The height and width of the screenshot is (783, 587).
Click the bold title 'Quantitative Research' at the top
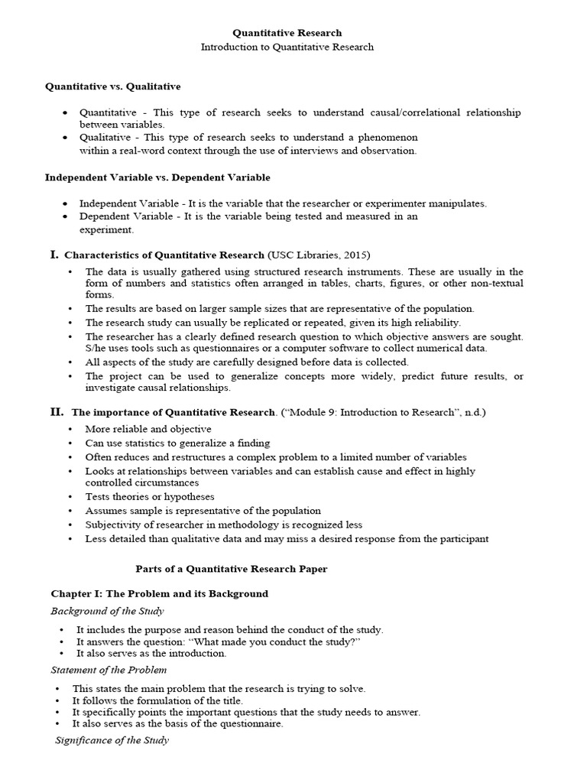(287, 33)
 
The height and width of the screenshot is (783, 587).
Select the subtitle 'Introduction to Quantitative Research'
(287, 47)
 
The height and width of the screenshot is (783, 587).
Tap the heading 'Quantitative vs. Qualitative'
(113, 87)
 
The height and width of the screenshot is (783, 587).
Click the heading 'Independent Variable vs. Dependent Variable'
(157, 177)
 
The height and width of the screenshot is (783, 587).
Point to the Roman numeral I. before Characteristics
(54, 254)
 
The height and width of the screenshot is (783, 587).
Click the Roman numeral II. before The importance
(57, 411)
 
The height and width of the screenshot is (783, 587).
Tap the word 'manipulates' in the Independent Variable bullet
(458, 203)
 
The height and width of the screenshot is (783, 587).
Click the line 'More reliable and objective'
(148, 429)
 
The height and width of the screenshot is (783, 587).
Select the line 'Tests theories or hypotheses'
(150, 496)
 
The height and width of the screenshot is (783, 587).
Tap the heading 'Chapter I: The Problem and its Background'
(160, 593)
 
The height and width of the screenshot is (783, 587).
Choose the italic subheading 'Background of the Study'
(107, 611)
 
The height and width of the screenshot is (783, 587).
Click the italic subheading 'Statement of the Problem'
(109, 671)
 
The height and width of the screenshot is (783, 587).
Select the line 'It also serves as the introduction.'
(151, 653)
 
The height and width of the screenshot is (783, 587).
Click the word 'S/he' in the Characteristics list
(96, 348)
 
